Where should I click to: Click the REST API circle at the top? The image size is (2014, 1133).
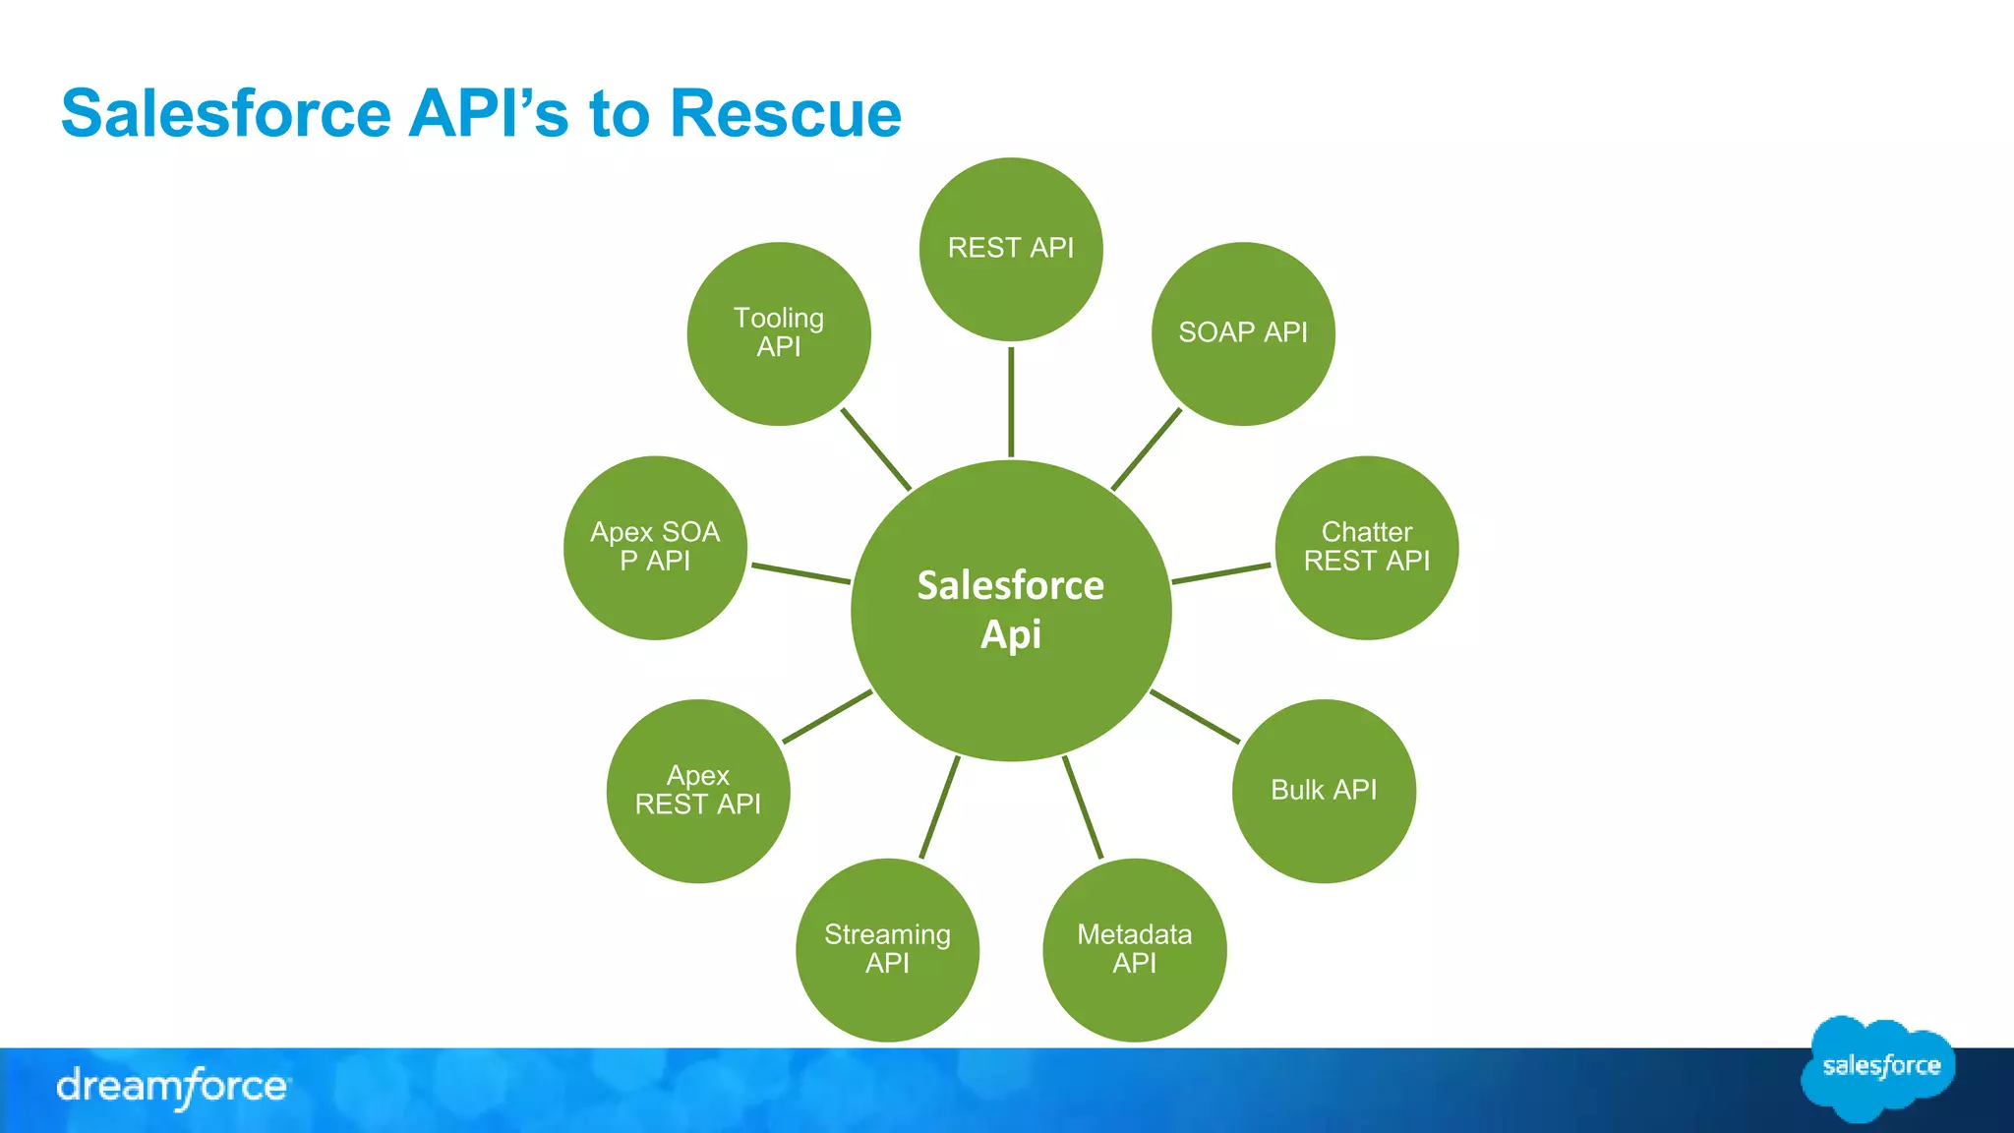click(x=1011, y=249)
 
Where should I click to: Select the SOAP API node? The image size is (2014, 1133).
click(x=1243, y=333)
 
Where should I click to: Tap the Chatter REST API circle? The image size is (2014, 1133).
click(x=1367, y=548)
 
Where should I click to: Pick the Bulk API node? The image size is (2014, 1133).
click(x=1324, y=791)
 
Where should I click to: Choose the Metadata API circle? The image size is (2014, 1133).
click(x=1135, y=949)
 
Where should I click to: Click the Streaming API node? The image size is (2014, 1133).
click(x=887, y=949)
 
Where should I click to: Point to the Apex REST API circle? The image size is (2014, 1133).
click(x=698, y=791)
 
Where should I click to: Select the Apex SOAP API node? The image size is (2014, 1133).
click(x=655, y=548)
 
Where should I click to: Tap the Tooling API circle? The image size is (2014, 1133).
click(x=779, y=333)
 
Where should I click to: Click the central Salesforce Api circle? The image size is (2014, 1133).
click(x=1011, y=610)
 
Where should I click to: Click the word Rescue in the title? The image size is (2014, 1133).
click(x=785, y=113)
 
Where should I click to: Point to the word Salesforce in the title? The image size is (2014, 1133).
click(x=226, y=113)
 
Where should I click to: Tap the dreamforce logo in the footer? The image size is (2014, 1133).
click(x=172, y=1087)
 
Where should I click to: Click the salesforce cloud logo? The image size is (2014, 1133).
click(x=1880, y=1067)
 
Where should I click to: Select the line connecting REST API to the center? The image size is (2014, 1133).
click(x=1011, y=401)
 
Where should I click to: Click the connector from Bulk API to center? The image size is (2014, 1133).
click(x=1195, y=716)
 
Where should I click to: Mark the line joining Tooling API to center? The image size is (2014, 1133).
click(x=876, y=449)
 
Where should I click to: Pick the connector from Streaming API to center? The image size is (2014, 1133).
click(x=939, y=807)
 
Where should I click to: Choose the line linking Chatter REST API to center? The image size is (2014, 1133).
click(x=1221, y=573)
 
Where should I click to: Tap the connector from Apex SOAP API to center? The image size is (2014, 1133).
click(x=800, y=573)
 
